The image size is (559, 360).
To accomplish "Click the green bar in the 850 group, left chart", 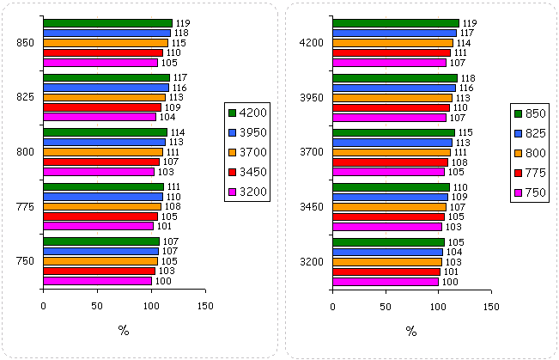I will (x=107, y=23).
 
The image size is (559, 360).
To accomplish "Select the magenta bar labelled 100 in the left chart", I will (x=97, y=281).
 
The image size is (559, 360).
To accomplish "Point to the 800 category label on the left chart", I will (x=25, y=152).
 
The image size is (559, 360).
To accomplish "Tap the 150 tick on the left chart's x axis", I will (x=205, y=305).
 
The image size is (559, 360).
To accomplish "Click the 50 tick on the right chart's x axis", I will (x=386, y=305).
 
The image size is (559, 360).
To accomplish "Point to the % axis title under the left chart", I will (x=124, y=331).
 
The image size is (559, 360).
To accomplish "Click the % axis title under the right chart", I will (x=411, y=331).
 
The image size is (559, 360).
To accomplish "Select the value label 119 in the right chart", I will (x=470, y=23).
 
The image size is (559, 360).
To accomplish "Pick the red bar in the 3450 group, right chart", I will (x=389, y=217).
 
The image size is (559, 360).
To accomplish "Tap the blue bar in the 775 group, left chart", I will (x=102, y=197).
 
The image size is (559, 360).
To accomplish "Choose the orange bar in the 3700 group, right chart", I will (x=392, y=152).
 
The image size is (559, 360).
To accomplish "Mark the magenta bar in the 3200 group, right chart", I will (x=386, y=281).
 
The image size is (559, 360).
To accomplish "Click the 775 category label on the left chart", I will (x=25, y=207).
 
